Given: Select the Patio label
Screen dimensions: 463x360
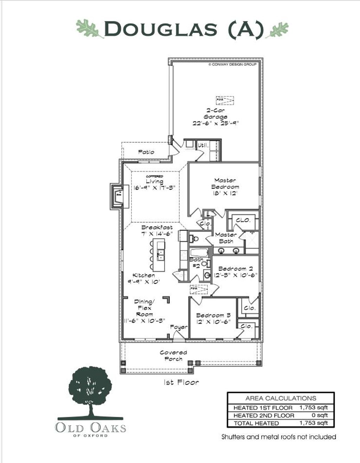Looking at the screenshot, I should tap(146, 152).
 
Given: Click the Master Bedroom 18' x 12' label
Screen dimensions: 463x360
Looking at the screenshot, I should tap(225, 187).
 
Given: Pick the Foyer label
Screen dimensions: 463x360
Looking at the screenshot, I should tap(179, 327).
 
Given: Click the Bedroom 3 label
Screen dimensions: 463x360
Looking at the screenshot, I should tap(213, 318).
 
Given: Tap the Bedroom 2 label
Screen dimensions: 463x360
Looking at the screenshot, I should tap(235, 272).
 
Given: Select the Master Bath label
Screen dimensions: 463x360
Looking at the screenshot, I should tap(226, 238).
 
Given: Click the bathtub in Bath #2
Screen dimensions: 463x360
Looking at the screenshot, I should tap(199, 252).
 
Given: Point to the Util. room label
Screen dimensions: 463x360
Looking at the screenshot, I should tap(203, 145).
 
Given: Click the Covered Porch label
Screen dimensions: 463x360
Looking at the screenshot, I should tap(173, 355).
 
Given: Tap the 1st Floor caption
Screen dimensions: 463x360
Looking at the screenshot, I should tap(181, 382).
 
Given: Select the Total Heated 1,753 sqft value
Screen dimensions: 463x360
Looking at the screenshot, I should tap(314, 423).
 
